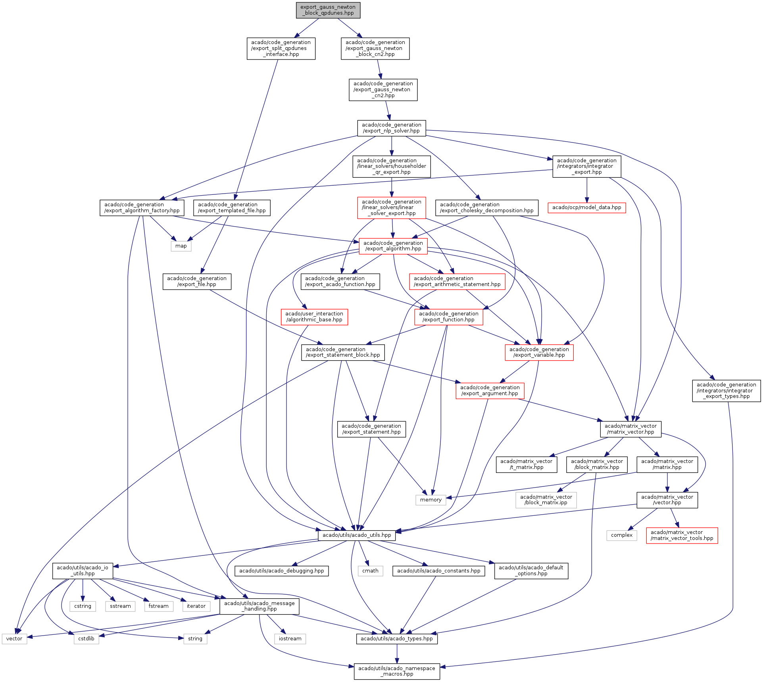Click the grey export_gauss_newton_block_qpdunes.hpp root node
tap(328, 10)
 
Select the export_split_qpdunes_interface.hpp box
tap(281, 48)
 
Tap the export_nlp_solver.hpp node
tap(391, 128)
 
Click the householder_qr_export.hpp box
tap(391, 166)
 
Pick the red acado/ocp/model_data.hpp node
tap(586, 207)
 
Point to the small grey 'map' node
tap(181, 246)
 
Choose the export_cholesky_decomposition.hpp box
tap(486, 207)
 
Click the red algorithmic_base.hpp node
tap(314, 317)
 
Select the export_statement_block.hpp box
tap(343, 352)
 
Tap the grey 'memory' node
tap(431, 500)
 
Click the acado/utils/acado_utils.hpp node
tap(356, 535)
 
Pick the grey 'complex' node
tap(621, 535)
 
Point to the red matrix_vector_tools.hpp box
tap(682, 535)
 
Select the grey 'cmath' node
tap(370, 571)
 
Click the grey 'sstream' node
tap(120, 606)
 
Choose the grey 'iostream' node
tap(290, 639)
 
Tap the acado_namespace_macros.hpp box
tap(397, 671)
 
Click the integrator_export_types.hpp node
tap(726, 390)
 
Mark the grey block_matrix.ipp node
tap(546, 500)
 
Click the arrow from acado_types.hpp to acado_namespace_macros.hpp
tap(397, 654)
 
